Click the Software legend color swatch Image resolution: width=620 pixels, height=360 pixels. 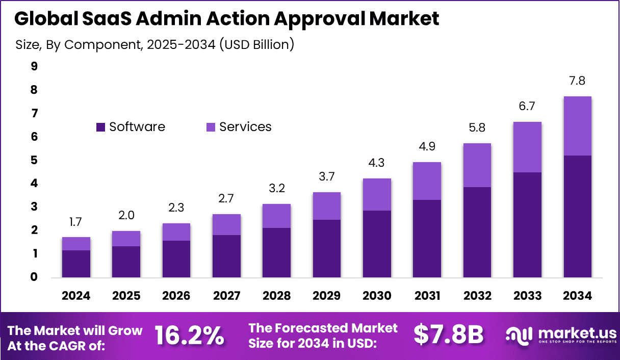pos(101,127)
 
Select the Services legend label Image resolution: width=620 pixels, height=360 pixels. pos(245,127)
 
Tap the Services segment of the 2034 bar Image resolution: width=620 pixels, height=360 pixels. pos(577,126)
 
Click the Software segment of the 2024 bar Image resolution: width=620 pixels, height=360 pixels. pos(76,264)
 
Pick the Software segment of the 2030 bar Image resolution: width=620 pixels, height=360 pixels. pos(377,244)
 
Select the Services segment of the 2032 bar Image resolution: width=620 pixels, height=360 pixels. pos(477,165)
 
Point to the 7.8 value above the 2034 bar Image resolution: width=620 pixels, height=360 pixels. pos(577,81)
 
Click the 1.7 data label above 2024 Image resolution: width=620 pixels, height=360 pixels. pos(76,222)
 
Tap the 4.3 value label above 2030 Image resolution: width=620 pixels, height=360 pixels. pos(377,163)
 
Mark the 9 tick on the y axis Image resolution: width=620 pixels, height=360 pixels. pos(34,66)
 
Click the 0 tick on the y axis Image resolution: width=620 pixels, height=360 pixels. pos(34,277)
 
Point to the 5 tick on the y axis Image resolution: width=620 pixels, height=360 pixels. pos(34,160)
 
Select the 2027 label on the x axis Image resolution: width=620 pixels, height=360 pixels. pos(226,296)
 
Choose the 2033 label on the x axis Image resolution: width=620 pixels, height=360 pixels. pos(527,296)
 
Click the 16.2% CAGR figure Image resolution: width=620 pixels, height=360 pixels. pos(189,335)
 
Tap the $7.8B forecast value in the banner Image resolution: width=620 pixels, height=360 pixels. pos(448,335)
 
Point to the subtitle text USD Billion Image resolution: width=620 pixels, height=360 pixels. pos(257,44)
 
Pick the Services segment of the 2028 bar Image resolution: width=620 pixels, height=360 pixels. pos(276,216)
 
